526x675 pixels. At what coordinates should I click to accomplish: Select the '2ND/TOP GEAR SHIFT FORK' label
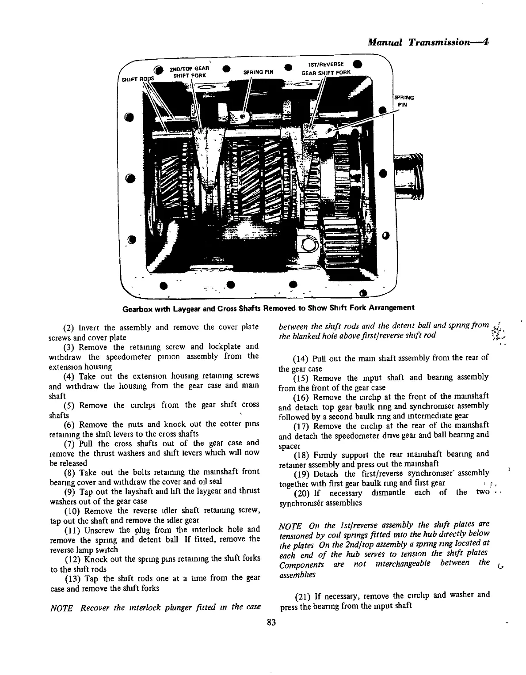(x=189, y=72)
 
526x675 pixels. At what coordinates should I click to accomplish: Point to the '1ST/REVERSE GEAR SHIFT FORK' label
(x=326, y=68)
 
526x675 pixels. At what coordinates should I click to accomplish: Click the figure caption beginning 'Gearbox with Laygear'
(x=268, y=308)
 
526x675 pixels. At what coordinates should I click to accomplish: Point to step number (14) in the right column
(x=301, y=358)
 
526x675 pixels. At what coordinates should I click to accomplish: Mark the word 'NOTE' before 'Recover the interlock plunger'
(x=62, y=608)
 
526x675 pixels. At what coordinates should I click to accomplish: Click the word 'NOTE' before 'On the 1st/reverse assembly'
(x=290, y=526)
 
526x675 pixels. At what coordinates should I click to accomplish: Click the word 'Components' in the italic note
(x=302, y=565)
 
